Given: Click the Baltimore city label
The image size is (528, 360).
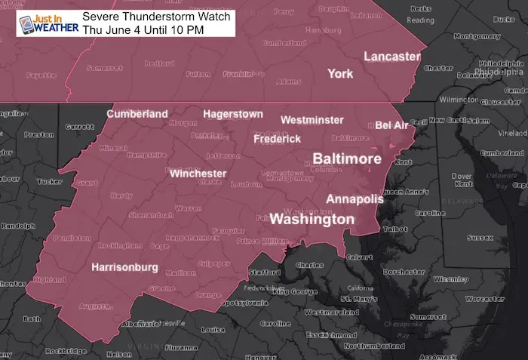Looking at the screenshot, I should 346,159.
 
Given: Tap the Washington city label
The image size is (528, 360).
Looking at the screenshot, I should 312,220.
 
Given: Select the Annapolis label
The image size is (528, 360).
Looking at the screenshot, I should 355,199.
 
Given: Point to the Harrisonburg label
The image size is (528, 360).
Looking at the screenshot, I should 124,267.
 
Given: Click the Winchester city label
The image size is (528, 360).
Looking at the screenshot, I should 198,174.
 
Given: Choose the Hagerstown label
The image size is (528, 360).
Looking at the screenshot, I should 232,114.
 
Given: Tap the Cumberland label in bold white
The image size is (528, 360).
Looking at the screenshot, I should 137,114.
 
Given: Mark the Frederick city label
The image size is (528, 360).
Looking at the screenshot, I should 277,139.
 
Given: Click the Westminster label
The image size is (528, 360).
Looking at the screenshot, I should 312,120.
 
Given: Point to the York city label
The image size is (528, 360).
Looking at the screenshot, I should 340,73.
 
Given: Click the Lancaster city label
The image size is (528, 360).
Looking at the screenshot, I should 391,57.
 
